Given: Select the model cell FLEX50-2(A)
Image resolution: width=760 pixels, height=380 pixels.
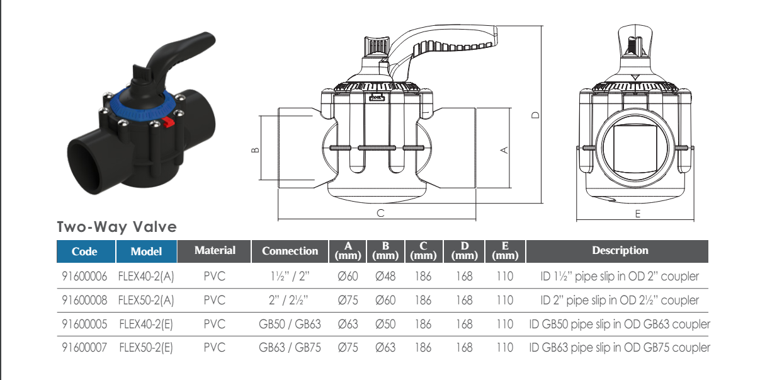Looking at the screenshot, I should pos(145,300).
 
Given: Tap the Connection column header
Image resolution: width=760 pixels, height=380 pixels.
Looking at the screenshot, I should pos(290,251).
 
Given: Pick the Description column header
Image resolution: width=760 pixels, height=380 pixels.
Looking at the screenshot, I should pos(620,250).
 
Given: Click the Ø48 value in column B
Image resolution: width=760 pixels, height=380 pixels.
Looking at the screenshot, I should pos(385,276).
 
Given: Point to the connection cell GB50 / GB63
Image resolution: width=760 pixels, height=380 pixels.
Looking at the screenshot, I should pos(290,324).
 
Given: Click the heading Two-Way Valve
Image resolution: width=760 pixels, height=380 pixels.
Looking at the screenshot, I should pos(117,227).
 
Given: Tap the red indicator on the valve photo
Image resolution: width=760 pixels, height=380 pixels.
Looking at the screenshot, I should pos(169,122).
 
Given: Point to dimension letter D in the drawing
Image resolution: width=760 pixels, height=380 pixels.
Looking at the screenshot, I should pos(535,115).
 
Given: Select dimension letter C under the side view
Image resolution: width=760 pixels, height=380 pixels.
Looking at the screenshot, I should pos(380,213).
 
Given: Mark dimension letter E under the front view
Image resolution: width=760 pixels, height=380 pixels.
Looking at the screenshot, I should pos(637,214).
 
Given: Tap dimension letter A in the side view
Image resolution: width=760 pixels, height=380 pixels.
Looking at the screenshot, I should pos(504,150).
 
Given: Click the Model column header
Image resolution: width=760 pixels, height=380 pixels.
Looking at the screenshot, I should pos(146,251).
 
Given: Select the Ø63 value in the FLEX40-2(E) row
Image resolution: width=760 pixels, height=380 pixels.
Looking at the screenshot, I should pos(348,324).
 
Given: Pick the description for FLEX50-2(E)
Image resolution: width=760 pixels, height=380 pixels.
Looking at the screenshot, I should pos(620,347).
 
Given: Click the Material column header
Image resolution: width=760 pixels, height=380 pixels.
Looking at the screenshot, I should pos(215,250).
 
